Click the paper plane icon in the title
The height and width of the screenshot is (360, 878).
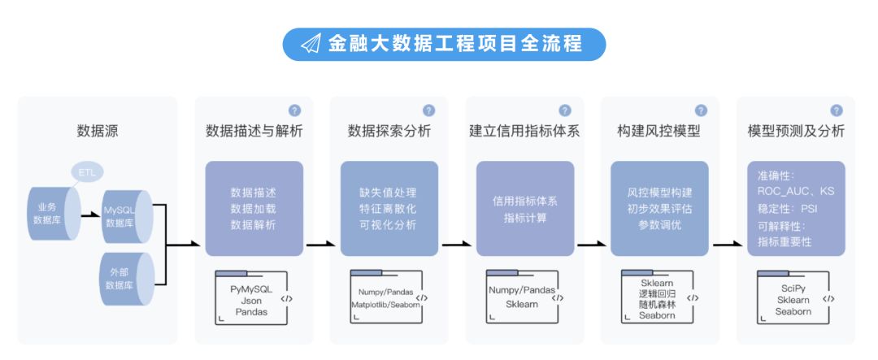tap(311, 44)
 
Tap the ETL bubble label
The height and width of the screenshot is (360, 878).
tap(87, 172)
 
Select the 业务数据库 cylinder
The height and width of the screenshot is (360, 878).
tap(54, 214)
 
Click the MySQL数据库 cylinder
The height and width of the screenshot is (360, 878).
tap(127, 217)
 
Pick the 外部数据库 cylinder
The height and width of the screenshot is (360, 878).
tap(127, 278)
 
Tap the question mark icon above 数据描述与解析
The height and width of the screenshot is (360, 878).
tap(294, 111)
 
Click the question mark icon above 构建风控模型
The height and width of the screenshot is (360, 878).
tap(701, 111)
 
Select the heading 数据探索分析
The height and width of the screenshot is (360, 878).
tap(389, 131)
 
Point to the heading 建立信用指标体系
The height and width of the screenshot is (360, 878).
tap(524, 131)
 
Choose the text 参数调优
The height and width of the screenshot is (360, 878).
tap(659, 225)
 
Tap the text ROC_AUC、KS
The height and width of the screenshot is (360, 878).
tap(796, 192)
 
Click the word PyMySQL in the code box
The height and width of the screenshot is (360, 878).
tap(251, 289)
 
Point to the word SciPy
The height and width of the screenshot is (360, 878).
tap(793, 289)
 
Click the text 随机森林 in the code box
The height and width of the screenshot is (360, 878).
tap(657, 305)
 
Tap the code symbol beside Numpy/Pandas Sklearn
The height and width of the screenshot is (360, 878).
tap(557, 298)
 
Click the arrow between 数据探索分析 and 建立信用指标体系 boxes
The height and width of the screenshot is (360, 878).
tap(456, 244)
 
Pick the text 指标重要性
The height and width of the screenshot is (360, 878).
tap(785, 242)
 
